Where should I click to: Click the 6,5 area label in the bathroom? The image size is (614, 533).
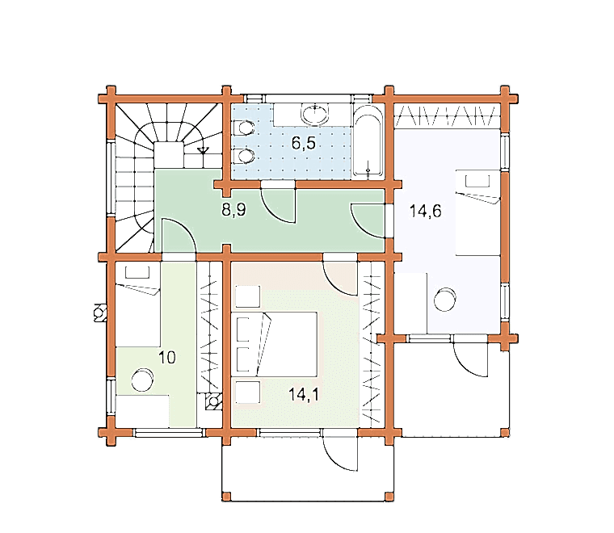[x=304, y=144]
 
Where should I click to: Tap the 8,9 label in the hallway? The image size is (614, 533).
[x=233, y=210]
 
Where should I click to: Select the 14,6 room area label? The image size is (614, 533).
[x=425, y=211]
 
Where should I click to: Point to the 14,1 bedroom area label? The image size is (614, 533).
[x=304, y=394]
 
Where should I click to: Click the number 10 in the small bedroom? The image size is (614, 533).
[x=167, y=357]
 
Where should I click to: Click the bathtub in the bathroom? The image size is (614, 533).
[x=368, y=141]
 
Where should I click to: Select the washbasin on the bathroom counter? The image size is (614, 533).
[x=314, y=114]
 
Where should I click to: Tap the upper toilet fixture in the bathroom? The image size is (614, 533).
[x=243, y=128]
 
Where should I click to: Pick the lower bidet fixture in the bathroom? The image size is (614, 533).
[x=243, y=156]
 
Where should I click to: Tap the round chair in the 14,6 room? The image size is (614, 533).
[x=445, y=300]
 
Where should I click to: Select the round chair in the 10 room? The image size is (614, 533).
[x=142, y=380]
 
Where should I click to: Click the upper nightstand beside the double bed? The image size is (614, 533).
[x=248, y=296]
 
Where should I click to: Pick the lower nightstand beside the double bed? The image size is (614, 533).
[x=248, y=392]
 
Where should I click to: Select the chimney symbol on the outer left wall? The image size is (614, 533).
[x=100, y=313]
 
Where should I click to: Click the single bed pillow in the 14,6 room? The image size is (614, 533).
[x=477, y=182]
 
